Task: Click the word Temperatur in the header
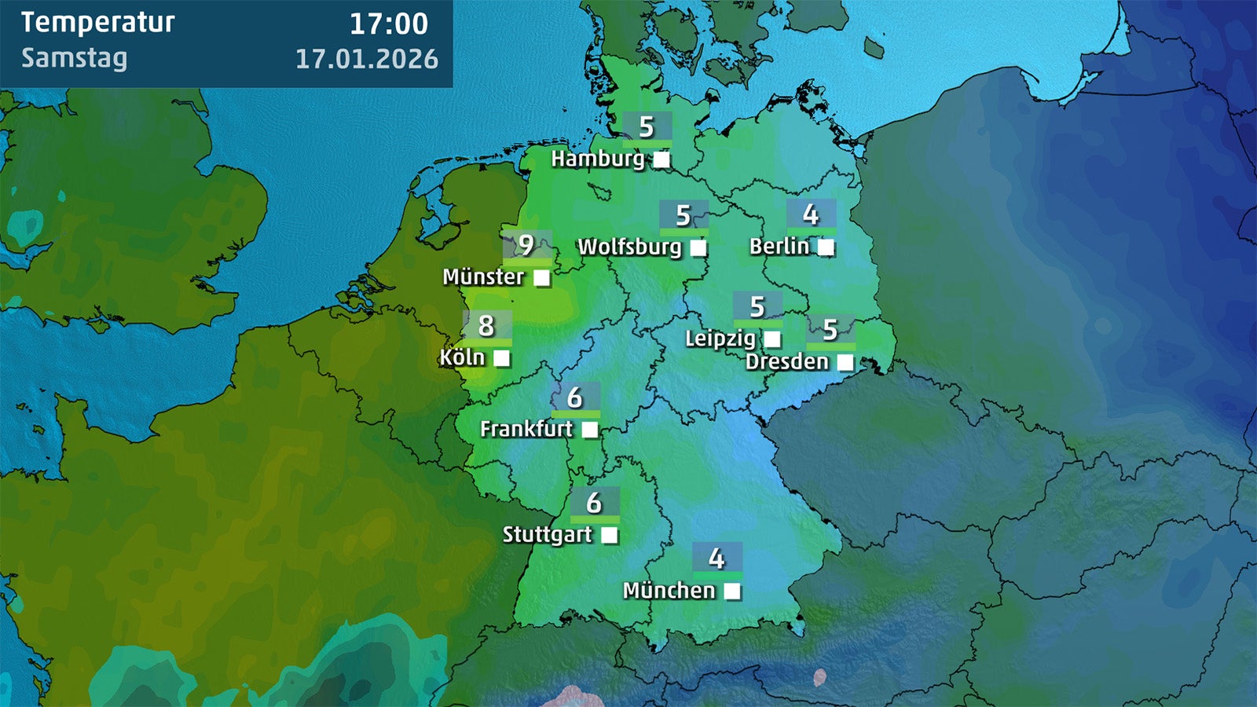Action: (x=97, y=23)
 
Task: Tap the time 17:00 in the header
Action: (x=389, y=24)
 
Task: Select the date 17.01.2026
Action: (x=367, y=59)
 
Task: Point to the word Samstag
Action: (x=74, y=58)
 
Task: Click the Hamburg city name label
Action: (x=598, y=159)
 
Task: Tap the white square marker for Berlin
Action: (x=826, y=247)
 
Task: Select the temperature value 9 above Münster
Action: (x=526, y=245)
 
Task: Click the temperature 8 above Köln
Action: (x=486, y=325)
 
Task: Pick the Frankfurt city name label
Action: (x=526, y=429)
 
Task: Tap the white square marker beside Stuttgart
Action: (x=610, y=535)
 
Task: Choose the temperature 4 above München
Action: (x=716, y=558)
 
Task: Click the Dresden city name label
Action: (x=787, y=362)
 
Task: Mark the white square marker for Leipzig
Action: (x=773, y=339)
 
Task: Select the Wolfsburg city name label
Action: (x=630, y=247)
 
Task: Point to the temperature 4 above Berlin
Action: (x=811, y=214)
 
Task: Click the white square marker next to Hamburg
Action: (x=662, y=160)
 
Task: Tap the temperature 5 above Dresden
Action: (x=830, y=330)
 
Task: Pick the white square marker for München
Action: (x=732, y=592)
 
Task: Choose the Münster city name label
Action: (x=483, y=277)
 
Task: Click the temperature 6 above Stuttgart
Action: (x=594, y=502)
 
